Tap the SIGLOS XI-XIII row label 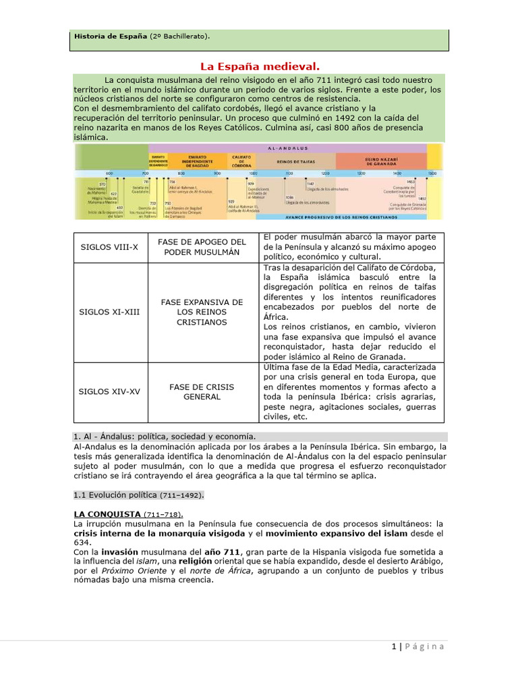coord(110,312)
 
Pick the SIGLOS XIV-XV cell coord(109,391)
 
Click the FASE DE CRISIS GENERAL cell coord(202,391)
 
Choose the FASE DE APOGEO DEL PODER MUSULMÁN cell coord(202,247)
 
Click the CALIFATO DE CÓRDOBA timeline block coord(241,162)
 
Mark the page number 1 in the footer coord(393,646)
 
